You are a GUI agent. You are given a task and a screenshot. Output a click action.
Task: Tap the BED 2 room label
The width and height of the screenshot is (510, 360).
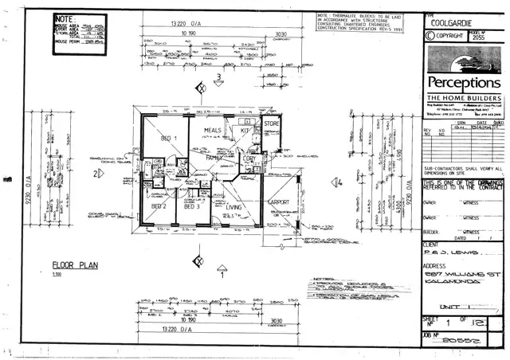pos(159,205)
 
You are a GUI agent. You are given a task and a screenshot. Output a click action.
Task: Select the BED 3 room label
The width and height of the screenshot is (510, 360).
pos(190,205)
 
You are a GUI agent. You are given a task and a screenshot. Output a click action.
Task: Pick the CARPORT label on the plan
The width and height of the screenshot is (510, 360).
pos(280,202)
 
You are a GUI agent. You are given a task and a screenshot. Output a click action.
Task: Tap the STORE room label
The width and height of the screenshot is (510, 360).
pos(273,123)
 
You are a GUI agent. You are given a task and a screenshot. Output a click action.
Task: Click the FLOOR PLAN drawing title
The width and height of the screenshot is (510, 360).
pos(75,265)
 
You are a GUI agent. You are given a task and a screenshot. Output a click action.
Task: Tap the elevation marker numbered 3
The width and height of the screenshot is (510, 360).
pos(218,77)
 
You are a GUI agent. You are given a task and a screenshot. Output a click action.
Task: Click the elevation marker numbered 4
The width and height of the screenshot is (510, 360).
pos(339,182)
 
